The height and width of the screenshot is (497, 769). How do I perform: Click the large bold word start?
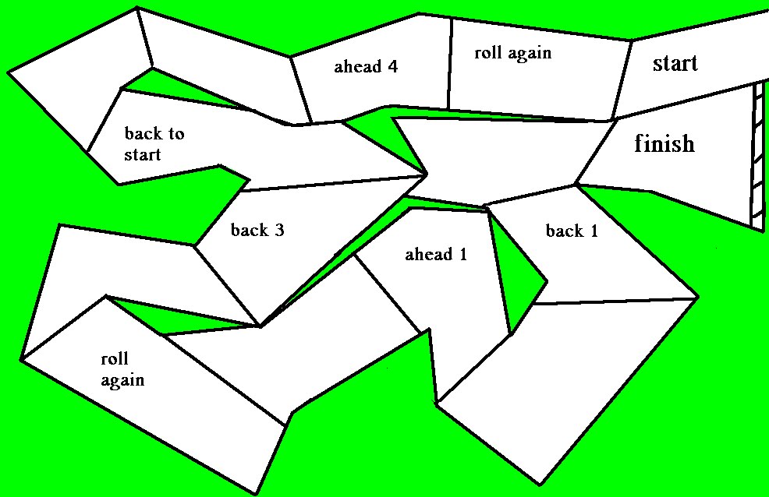[675, 64]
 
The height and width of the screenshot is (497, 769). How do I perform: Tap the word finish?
[664, 143]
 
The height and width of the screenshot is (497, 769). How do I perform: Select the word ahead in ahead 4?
[356, 67]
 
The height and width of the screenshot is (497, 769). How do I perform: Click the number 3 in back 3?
[279, 230]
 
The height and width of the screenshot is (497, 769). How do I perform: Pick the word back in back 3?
[250, 230]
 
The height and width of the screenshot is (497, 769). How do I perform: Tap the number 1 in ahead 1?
[462, 254]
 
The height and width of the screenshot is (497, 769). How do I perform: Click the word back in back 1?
[565, 231]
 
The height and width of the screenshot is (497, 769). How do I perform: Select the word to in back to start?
[175, 133]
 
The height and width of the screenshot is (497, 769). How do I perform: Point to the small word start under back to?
[143, 153]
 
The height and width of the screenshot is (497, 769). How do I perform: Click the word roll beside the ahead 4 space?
[488, 53]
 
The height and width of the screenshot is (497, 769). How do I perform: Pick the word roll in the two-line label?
[115, 359]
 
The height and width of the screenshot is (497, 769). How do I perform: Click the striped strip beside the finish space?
[757, 156]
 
